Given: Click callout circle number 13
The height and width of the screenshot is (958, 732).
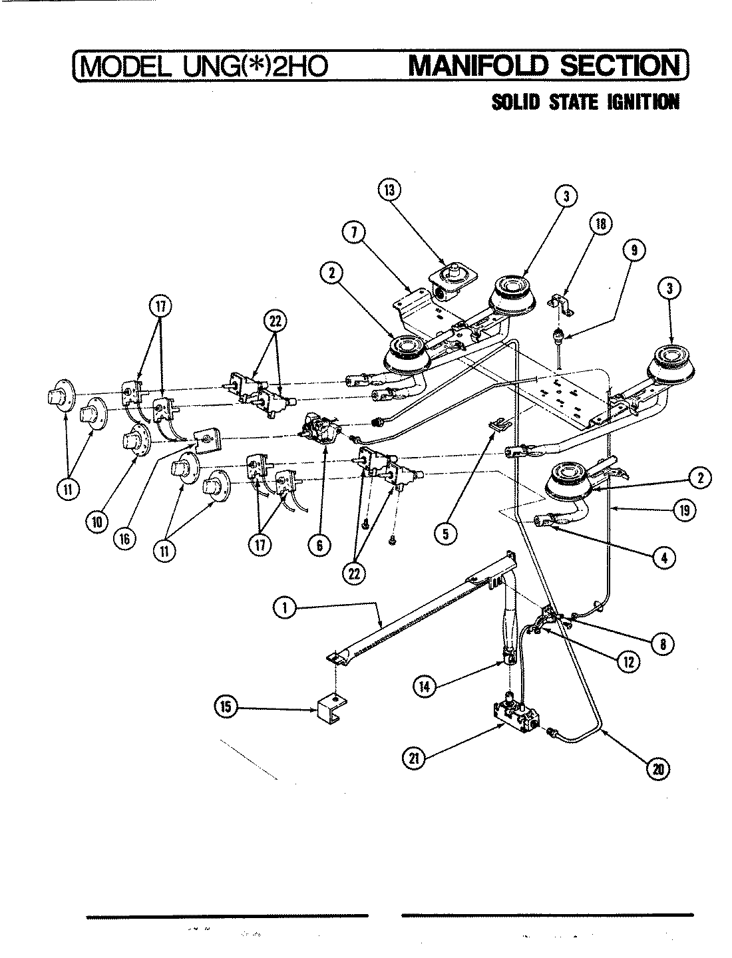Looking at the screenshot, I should tap(388, 190).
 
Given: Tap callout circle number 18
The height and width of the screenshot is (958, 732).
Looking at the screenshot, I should tap(600, 224).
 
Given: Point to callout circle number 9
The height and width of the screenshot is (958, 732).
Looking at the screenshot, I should tap(634, 250).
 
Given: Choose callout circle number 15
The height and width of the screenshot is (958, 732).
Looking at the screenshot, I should tap(227, 707).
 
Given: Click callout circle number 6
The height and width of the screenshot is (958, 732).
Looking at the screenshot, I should tap(319, 546).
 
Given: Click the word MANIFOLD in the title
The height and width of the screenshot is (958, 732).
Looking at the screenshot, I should tap(472, 66).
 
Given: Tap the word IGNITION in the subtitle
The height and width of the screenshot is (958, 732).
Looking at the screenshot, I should tap(642, 102).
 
